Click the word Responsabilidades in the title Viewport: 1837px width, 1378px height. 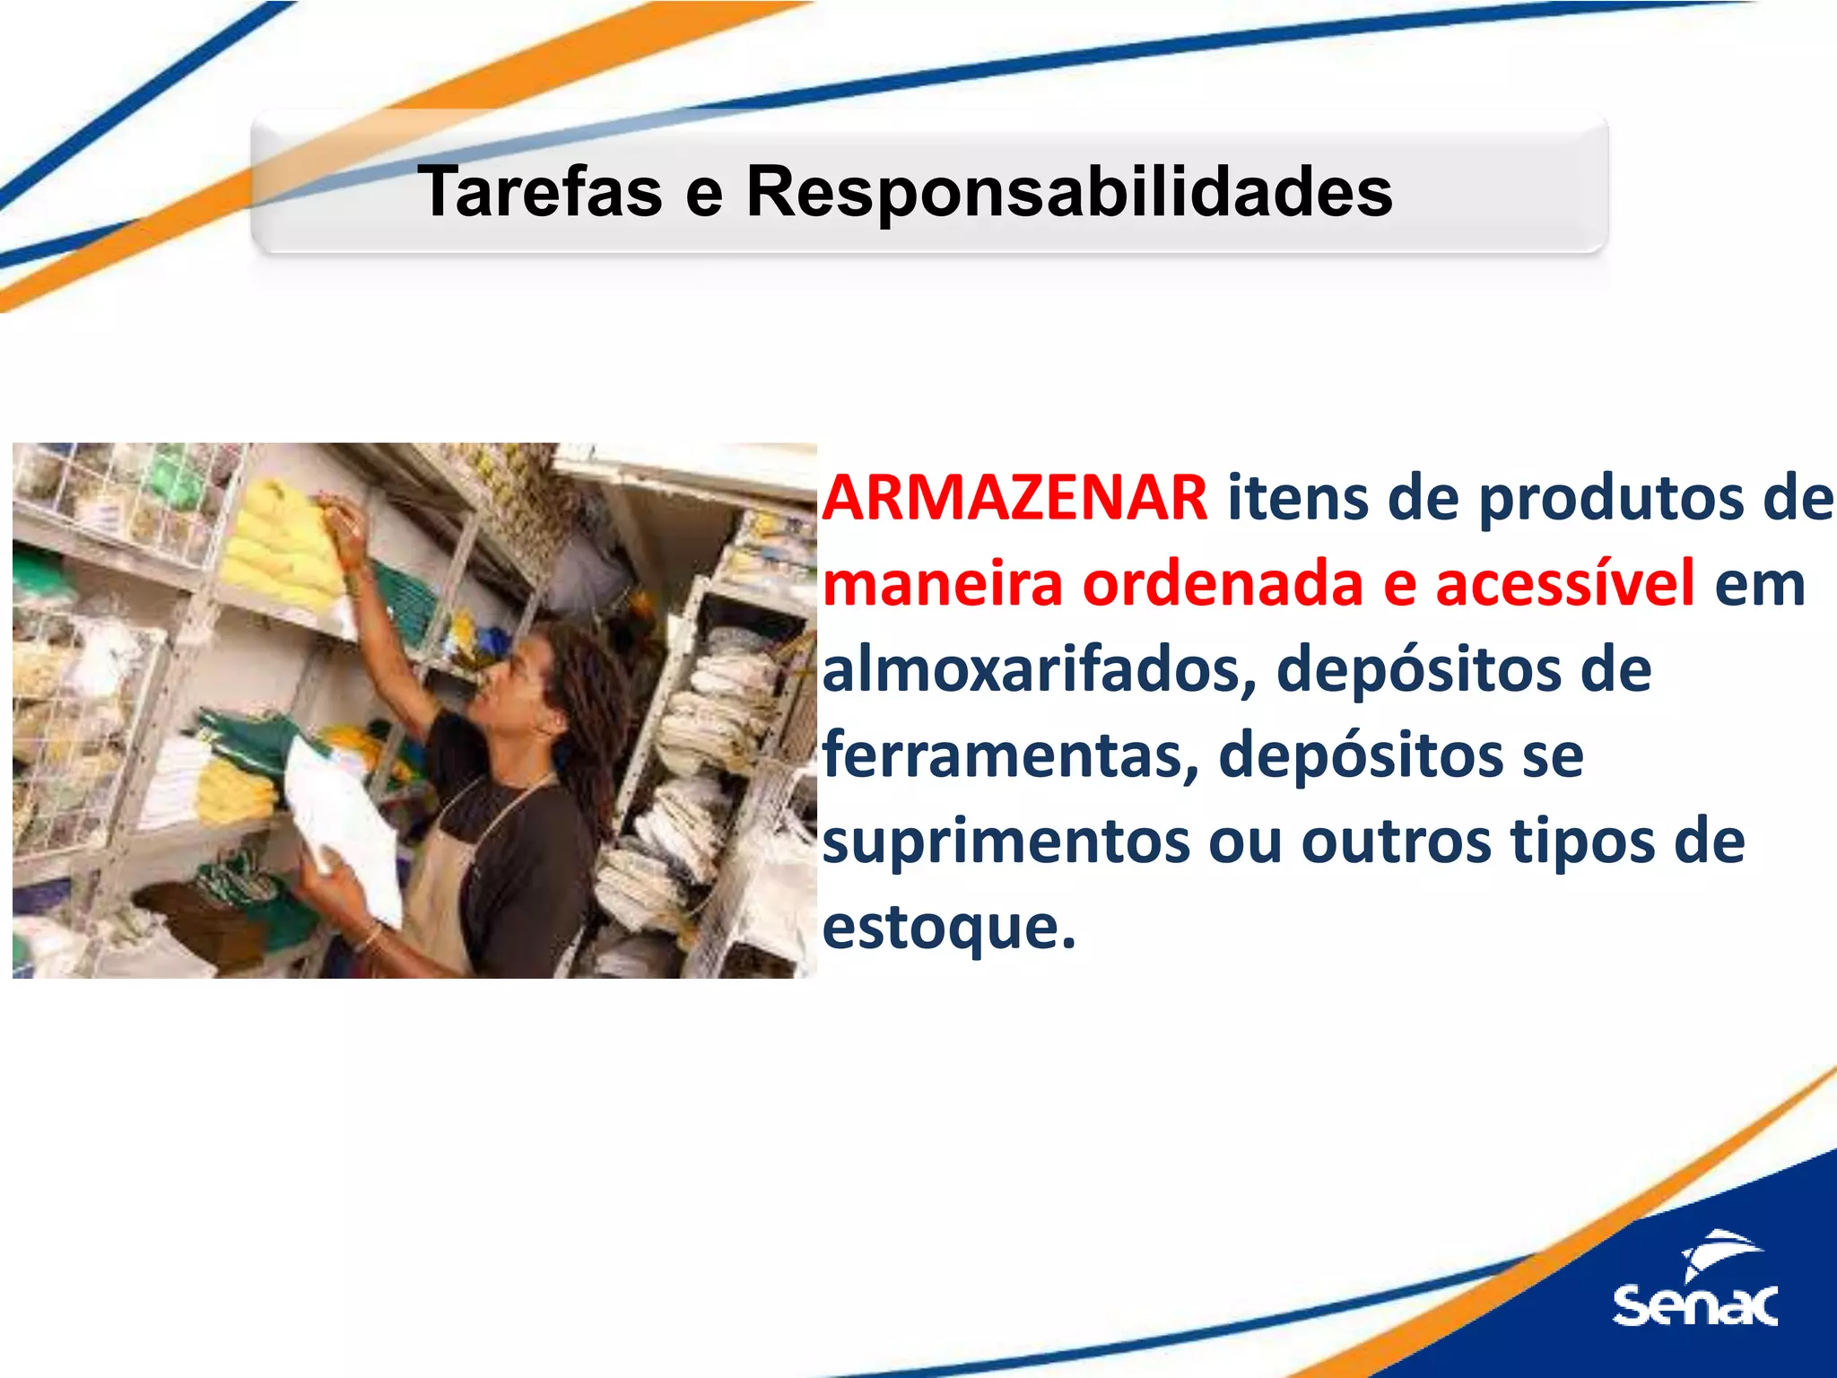pos(1069,193)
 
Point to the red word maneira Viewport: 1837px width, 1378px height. pos(942,584)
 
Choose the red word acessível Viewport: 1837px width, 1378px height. pos(1564,584)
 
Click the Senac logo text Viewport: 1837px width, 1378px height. pos(1694,1305)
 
